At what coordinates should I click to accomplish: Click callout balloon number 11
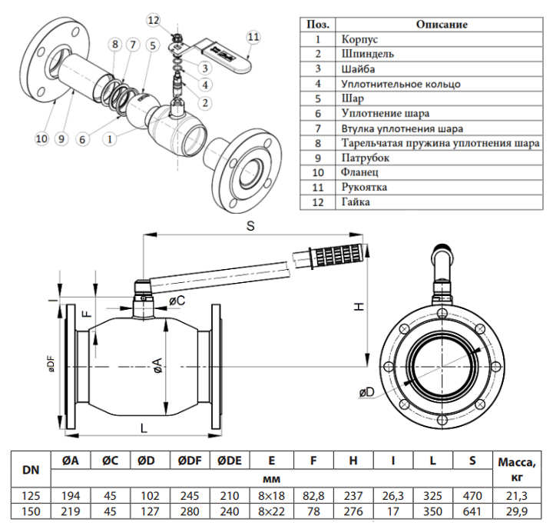coord(253,36)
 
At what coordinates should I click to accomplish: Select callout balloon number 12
coord(154,20)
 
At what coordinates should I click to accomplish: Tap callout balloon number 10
coord(41,138)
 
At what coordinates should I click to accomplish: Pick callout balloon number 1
coord(111,139)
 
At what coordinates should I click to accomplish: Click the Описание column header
coord(442,24)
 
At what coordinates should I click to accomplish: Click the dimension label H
coord(358,306)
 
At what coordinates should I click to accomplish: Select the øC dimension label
coord(176,300)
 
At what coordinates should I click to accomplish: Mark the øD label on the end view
coord(366,393)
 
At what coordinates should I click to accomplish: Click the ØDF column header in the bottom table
coord(190,461)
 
